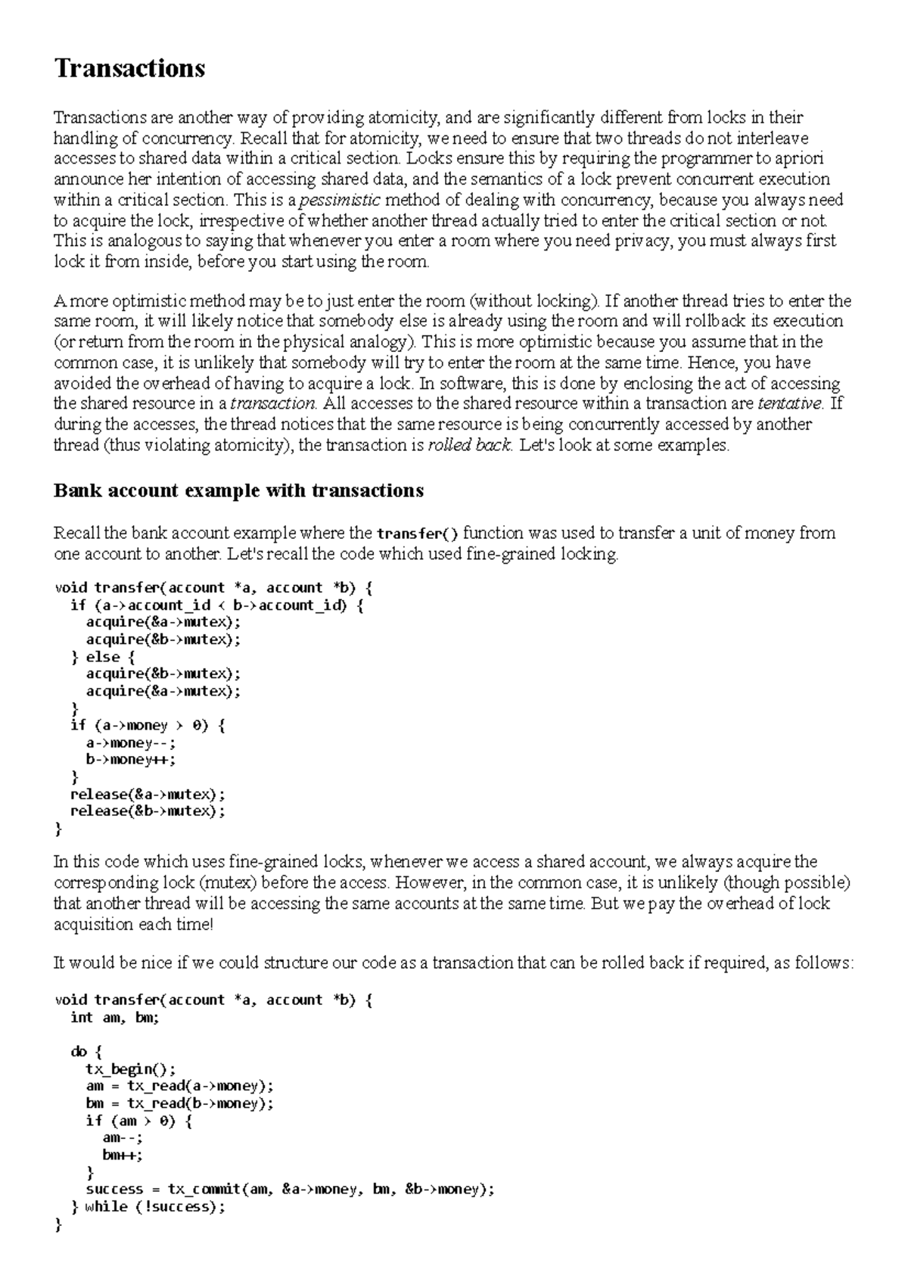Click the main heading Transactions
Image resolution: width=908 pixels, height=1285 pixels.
coord(129,69)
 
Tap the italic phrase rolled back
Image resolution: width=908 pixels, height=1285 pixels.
coord(470,445)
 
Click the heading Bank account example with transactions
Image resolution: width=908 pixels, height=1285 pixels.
coord(238,490)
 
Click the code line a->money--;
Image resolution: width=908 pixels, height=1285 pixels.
coord(131,743)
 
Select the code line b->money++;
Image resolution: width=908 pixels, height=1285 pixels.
coord(131,760)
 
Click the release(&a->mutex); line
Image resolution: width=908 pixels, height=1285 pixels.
coord(148,794)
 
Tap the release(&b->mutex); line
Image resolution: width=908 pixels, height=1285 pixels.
coord(148,811)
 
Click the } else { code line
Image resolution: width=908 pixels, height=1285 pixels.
coord(102,657)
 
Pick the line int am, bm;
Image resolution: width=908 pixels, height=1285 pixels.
coord(114,1018)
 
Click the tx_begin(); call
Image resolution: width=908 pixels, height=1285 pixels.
coord(131,1069)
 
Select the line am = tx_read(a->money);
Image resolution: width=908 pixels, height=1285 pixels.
coord(180,1086)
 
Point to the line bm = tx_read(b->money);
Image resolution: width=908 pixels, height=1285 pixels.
coord(180,1103)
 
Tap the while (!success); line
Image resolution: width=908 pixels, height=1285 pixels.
coord(154,1206)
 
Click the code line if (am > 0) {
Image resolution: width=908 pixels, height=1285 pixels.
coord(139,1121)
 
